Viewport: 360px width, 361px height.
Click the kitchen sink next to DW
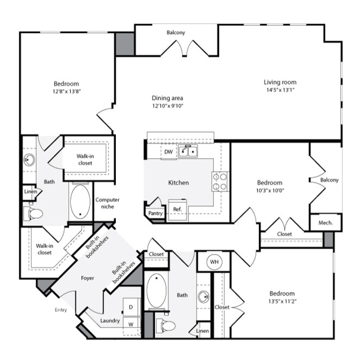(x=188, y=151)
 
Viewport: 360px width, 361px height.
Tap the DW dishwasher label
(x=168, y=152)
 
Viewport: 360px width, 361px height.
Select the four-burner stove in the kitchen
(x=220, y=181)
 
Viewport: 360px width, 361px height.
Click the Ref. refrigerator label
(x=177, y=209)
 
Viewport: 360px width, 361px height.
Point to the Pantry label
(x=155, y=213)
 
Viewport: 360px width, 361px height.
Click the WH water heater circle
(x=214, y=262)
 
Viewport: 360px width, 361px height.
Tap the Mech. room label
(x=326, y=223)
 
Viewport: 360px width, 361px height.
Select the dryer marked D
(x=131, y=307)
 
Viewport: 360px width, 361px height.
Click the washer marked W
(x=131, y=324)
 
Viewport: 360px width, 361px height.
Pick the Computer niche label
(x=107, y=203)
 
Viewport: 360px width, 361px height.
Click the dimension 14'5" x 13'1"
(x=280, y=90)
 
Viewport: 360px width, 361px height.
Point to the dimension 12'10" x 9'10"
(x=167, y=106)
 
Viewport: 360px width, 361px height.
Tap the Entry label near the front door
(x=61, y=310)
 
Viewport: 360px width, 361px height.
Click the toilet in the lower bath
(x=165, y=325)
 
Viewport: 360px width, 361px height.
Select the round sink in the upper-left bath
(x=29, y=159)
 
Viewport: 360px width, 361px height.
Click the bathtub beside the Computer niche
(x=80, y=202)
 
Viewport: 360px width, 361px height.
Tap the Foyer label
(x=88, y=278)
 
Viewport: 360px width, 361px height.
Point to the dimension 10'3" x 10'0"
(x=270, y=190)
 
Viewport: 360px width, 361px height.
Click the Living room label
(x=280, y=82)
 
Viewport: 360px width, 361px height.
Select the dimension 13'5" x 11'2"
(x=282, y=301)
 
